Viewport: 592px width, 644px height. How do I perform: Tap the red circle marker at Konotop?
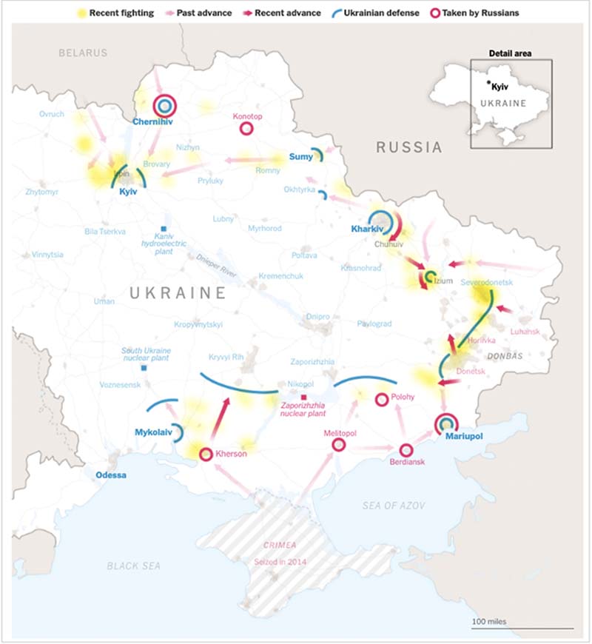(x=247, y=129)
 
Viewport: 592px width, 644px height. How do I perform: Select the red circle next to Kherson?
(x=206, y=454)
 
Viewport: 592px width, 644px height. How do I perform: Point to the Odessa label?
(x=111, y=474)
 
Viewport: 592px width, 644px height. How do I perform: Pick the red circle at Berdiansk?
(x=406, y=449)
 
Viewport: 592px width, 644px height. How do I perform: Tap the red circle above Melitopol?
(x=338, y=445)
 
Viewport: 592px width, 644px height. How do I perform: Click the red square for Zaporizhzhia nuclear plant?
(x=303, y=398)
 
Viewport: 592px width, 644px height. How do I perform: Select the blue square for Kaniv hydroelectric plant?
(x=163, y=229)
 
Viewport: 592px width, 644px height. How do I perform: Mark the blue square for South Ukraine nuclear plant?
(x=144, y=367)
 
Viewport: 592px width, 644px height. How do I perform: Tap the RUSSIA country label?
(x=409, y=147)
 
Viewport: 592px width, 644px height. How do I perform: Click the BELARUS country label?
(x=84, y=53)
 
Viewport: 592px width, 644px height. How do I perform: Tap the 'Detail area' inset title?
(x=511, y=53)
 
